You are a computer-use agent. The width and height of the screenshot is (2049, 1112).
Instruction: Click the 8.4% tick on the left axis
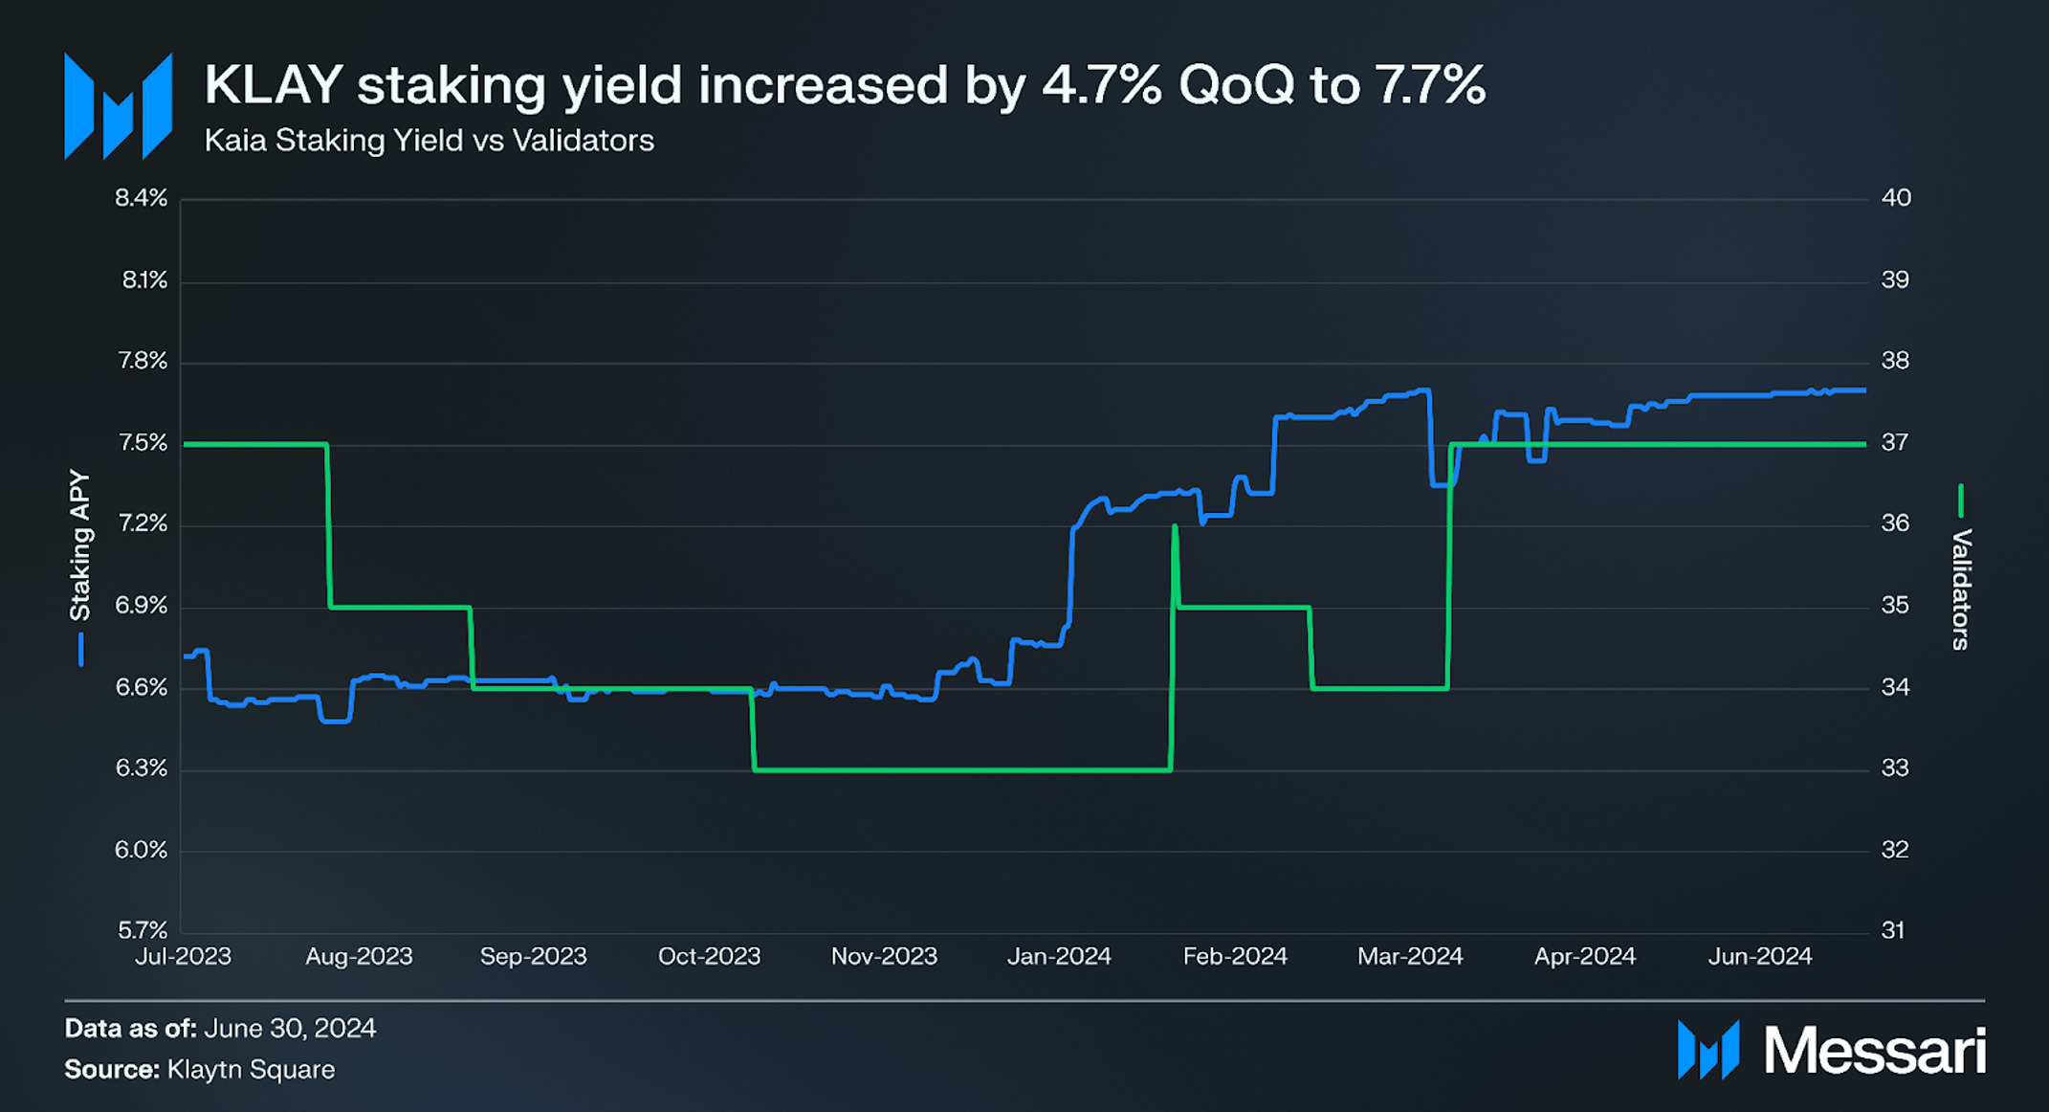click(141, 198)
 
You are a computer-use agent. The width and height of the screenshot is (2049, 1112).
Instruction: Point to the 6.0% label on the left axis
click(141, 850)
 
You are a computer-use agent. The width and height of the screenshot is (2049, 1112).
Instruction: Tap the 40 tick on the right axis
click(1895, 198)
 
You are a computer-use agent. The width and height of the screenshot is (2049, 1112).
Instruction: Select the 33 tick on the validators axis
click(1894, 768)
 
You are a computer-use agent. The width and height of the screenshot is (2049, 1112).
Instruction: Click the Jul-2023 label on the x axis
click(183, 956)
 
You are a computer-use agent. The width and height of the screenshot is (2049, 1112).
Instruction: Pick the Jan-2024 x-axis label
click(1058, 956)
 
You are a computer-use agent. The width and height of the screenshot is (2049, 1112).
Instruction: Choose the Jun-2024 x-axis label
click(1759, 956)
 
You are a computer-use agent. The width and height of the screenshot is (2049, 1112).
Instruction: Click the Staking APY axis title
click(79, 545)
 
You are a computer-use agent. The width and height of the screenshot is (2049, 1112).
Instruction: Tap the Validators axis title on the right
click(1960, 589)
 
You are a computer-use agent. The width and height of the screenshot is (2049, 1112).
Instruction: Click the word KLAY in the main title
click(273, 85)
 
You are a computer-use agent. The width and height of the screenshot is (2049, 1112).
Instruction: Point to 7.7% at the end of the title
click(1429, 85)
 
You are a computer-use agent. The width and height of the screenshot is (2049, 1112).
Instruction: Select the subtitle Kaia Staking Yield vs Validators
click(429, 141)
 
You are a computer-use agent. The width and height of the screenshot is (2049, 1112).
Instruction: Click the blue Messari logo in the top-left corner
click(118, 106)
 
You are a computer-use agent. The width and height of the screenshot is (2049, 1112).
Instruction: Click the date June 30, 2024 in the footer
click(290, 1029)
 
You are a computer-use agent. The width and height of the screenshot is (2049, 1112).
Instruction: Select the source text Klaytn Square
click(251, 1070)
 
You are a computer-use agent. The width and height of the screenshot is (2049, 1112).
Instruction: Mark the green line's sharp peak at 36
click(1174, 526)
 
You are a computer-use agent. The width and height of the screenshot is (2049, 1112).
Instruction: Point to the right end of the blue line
click(1863, 390)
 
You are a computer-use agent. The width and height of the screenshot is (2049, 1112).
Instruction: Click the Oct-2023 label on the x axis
click(709, 956)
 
